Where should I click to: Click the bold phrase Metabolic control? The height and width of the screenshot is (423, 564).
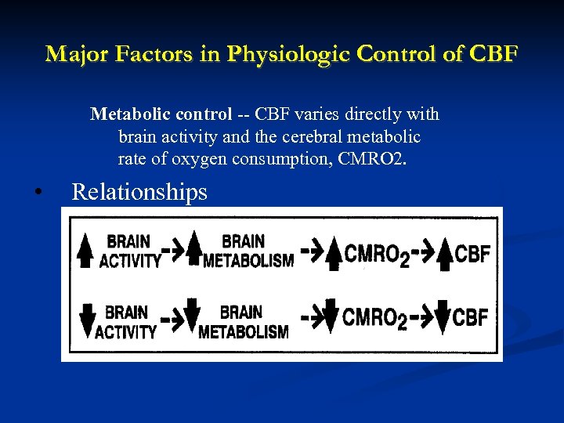point(161,114)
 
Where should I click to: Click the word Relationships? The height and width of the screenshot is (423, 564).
point(139,192)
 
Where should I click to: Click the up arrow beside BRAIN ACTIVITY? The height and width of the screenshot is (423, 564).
point(85,251)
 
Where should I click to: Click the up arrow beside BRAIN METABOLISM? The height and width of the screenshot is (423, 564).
point(194,251)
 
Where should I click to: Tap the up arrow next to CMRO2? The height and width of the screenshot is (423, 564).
point(334,255)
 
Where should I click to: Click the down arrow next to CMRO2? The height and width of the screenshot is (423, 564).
point(331,316)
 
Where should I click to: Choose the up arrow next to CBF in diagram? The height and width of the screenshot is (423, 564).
point(444,255)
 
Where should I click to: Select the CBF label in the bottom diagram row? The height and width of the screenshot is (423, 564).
point(471,317)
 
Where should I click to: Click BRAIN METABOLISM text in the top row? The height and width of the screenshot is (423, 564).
point(248,251)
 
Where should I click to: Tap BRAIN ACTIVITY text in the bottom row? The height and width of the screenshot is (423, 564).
point(126,321)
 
